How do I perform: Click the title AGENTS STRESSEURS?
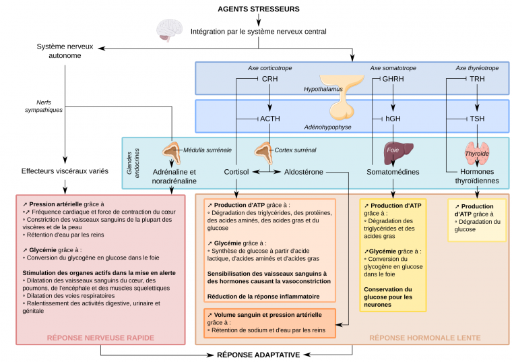(x=259, y=9)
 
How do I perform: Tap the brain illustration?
(x=168, y=30)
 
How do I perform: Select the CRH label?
(x=270, y=80)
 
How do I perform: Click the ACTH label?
(x=270, y=119)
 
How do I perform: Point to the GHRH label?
(x=393, y=80)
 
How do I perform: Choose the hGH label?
(x=393, y=119)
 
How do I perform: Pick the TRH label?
(x=478, y=80)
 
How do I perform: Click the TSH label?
(x=478, y=119)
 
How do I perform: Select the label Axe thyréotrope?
(x=478, y=68)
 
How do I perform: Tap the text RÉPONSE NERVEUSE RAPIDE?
(x=101, y=337)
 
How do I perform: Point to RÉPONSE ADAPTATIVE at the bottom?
(x=258, y=354)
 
